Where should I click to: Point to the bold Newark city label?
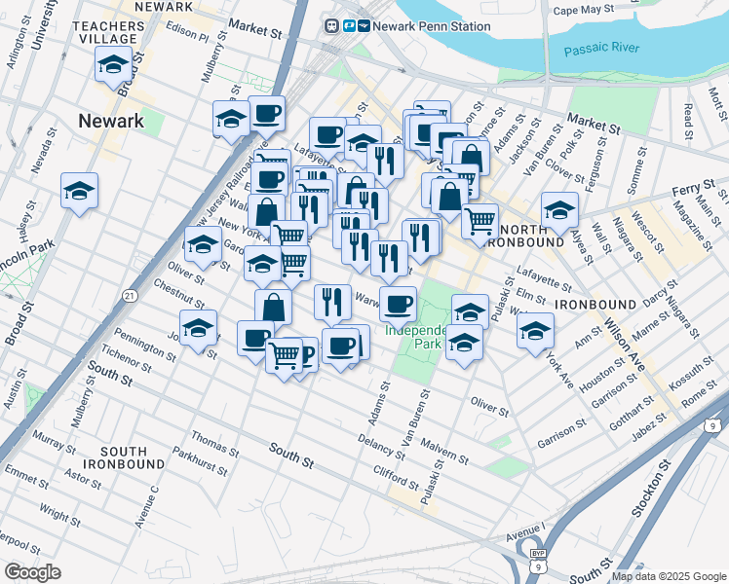point(110,122)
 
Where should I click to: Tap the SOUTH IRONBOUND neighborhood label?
point(123,458)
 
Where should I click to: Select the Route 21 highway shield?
point(129,295)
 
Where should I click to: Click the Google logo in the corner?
point(33,571)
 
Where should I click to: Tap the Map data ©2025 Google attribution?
point(668,576)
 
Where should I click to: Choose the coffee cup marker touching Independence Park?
point(398,304)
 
